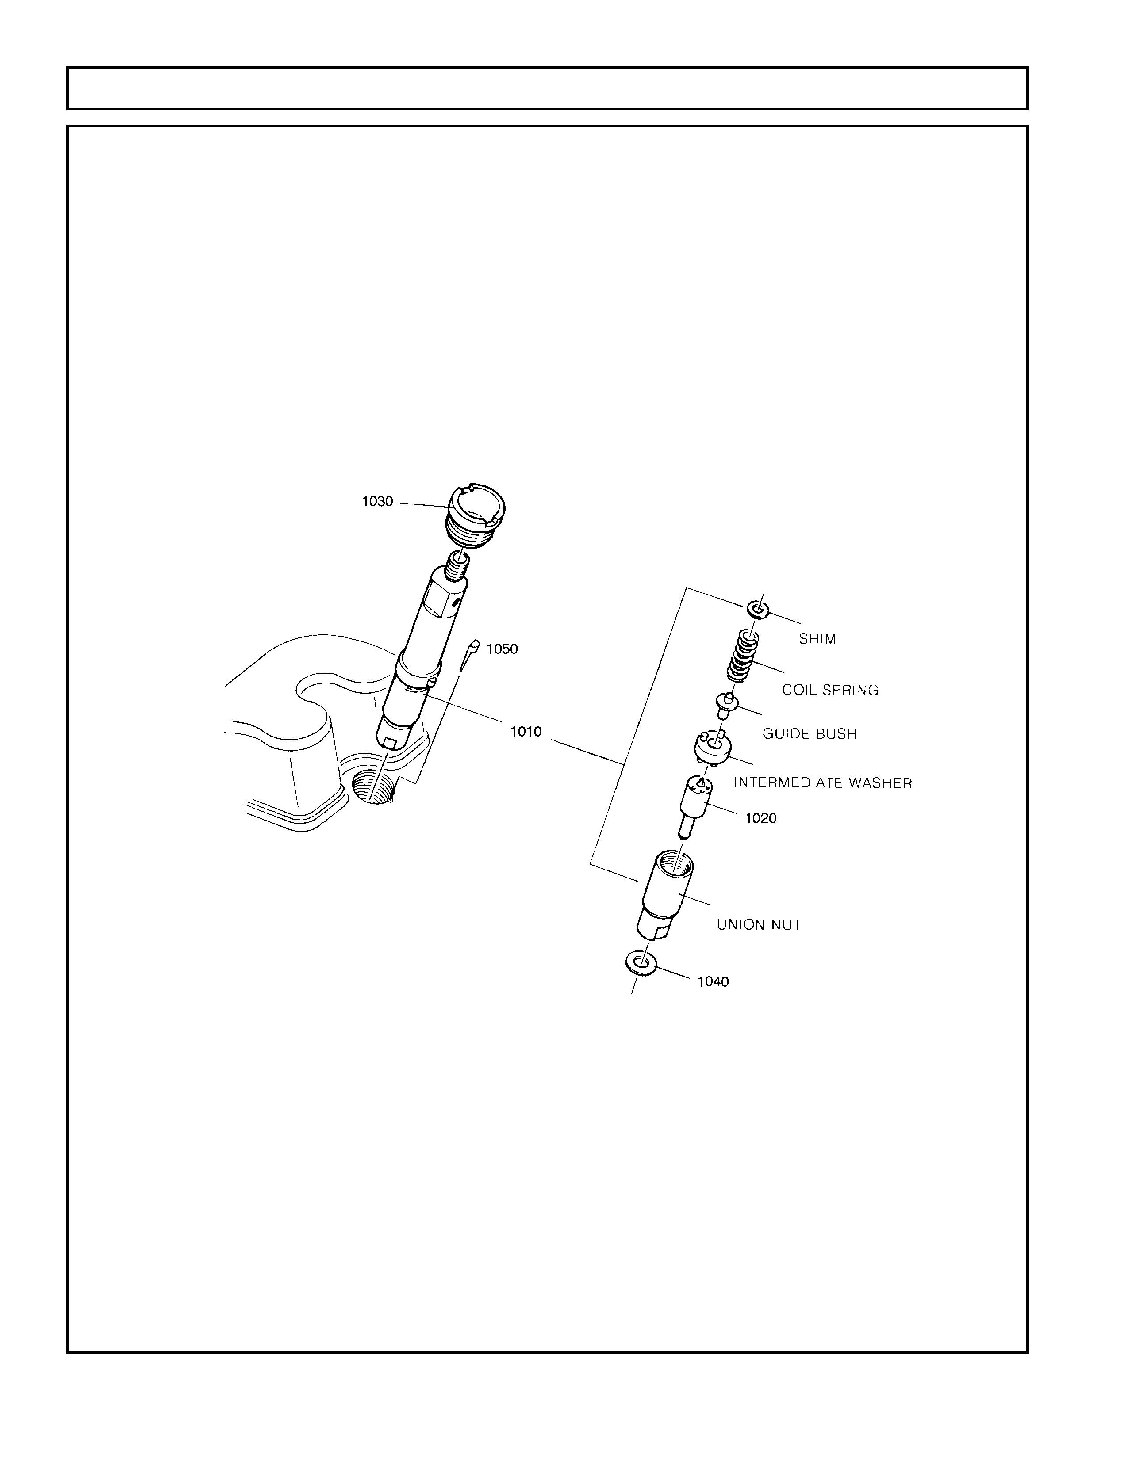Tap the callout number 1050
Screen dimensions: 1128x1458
coord(502,649)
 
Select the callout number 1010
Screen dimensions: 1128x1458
coord(526,732)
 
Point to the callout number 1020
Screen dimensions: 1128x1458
coord(761,818)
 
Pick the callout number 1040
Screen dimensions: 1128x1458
coord(713,982)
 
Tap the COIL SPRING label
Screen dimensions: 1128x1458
coord(830,690)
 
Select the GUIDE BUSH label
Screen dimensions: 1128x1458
coord(810,734)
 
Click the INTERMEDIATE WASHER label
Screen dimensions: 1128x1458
coord(823,782)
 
